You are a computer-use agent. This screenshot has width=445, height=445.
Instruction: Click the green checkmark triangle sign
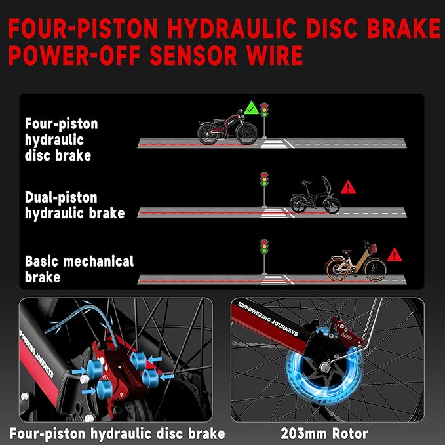point(251,108)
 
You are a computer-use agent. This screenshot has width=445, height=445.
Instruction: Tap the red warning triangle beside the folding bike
point(348,188)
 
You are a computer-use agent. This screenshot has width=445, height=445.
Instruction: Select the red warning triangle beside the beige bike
point(395,256)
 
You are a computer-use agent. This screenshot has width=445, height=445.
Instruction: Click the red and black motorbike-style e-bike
point(227,127)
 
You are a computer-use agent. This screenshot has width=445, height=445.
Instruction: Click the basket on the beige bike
point(373,248)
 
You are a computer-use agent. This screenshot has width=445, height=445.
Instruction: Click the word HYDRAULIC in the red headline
point(227,28)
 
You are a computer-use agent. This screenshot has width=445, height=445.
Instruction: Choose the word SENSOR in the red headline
point(193,55)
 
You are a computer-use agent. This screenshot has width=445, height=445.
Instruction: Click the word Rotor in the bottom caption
point(350,434)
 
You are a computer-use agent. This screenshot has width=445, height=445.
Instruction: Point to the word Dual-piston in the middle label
point(61,198)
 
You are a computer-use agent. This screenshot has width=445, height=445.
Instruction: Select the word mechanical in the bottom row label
point(98,261)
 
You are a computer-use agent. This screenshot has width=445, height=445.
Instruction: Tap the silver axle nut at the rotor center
point(324,368)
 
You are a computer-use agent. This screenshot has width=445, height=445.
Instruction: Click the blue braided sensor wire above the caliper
point(85,320)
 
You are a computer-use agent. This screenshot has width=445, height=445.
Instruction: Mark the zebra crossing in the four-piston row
point(273,144)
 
